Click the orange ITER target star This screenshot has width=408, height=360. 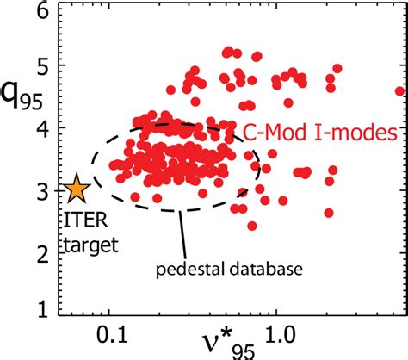(x=77, y=189)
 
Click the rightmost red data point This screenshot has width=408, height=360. (x=399, y=90)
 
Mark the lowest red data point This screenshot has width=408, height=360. (x=252, y=226)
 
